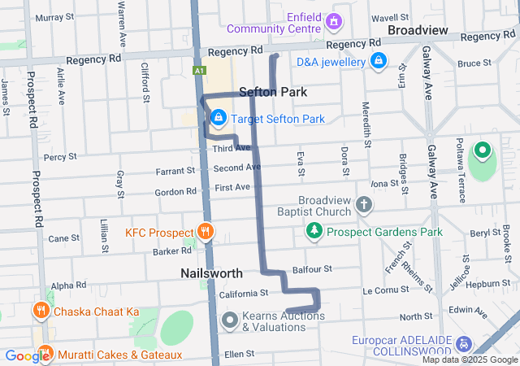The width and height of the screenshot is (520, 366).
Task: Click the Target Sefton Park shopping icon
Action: tap(218, 119)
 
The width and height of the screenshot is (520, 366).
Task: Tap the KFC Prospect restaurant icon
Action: tap(204, 232)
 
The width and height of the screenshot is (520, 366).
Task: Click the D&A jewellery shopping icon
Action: tap(378, 60)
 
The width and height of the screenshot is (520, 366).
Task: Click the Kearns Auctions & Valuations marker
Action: tap(229, 320)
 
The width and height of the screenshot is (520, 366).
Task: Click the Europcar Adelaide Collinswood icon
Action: tap(464, 344)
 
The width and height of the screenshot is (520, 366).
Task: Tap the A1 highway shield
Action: tap(199, 72)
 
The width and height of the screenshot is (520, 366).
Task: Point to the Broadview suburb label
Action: tap(418, 29)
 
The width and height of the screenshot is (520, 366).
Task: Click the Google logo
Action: tap(27, 355)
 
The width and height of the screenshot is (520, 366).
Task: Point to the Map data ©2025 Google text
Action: tap(469, 359)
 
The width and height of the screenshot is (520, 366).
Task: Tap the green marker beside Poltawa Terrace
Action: tap(481, 150)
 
